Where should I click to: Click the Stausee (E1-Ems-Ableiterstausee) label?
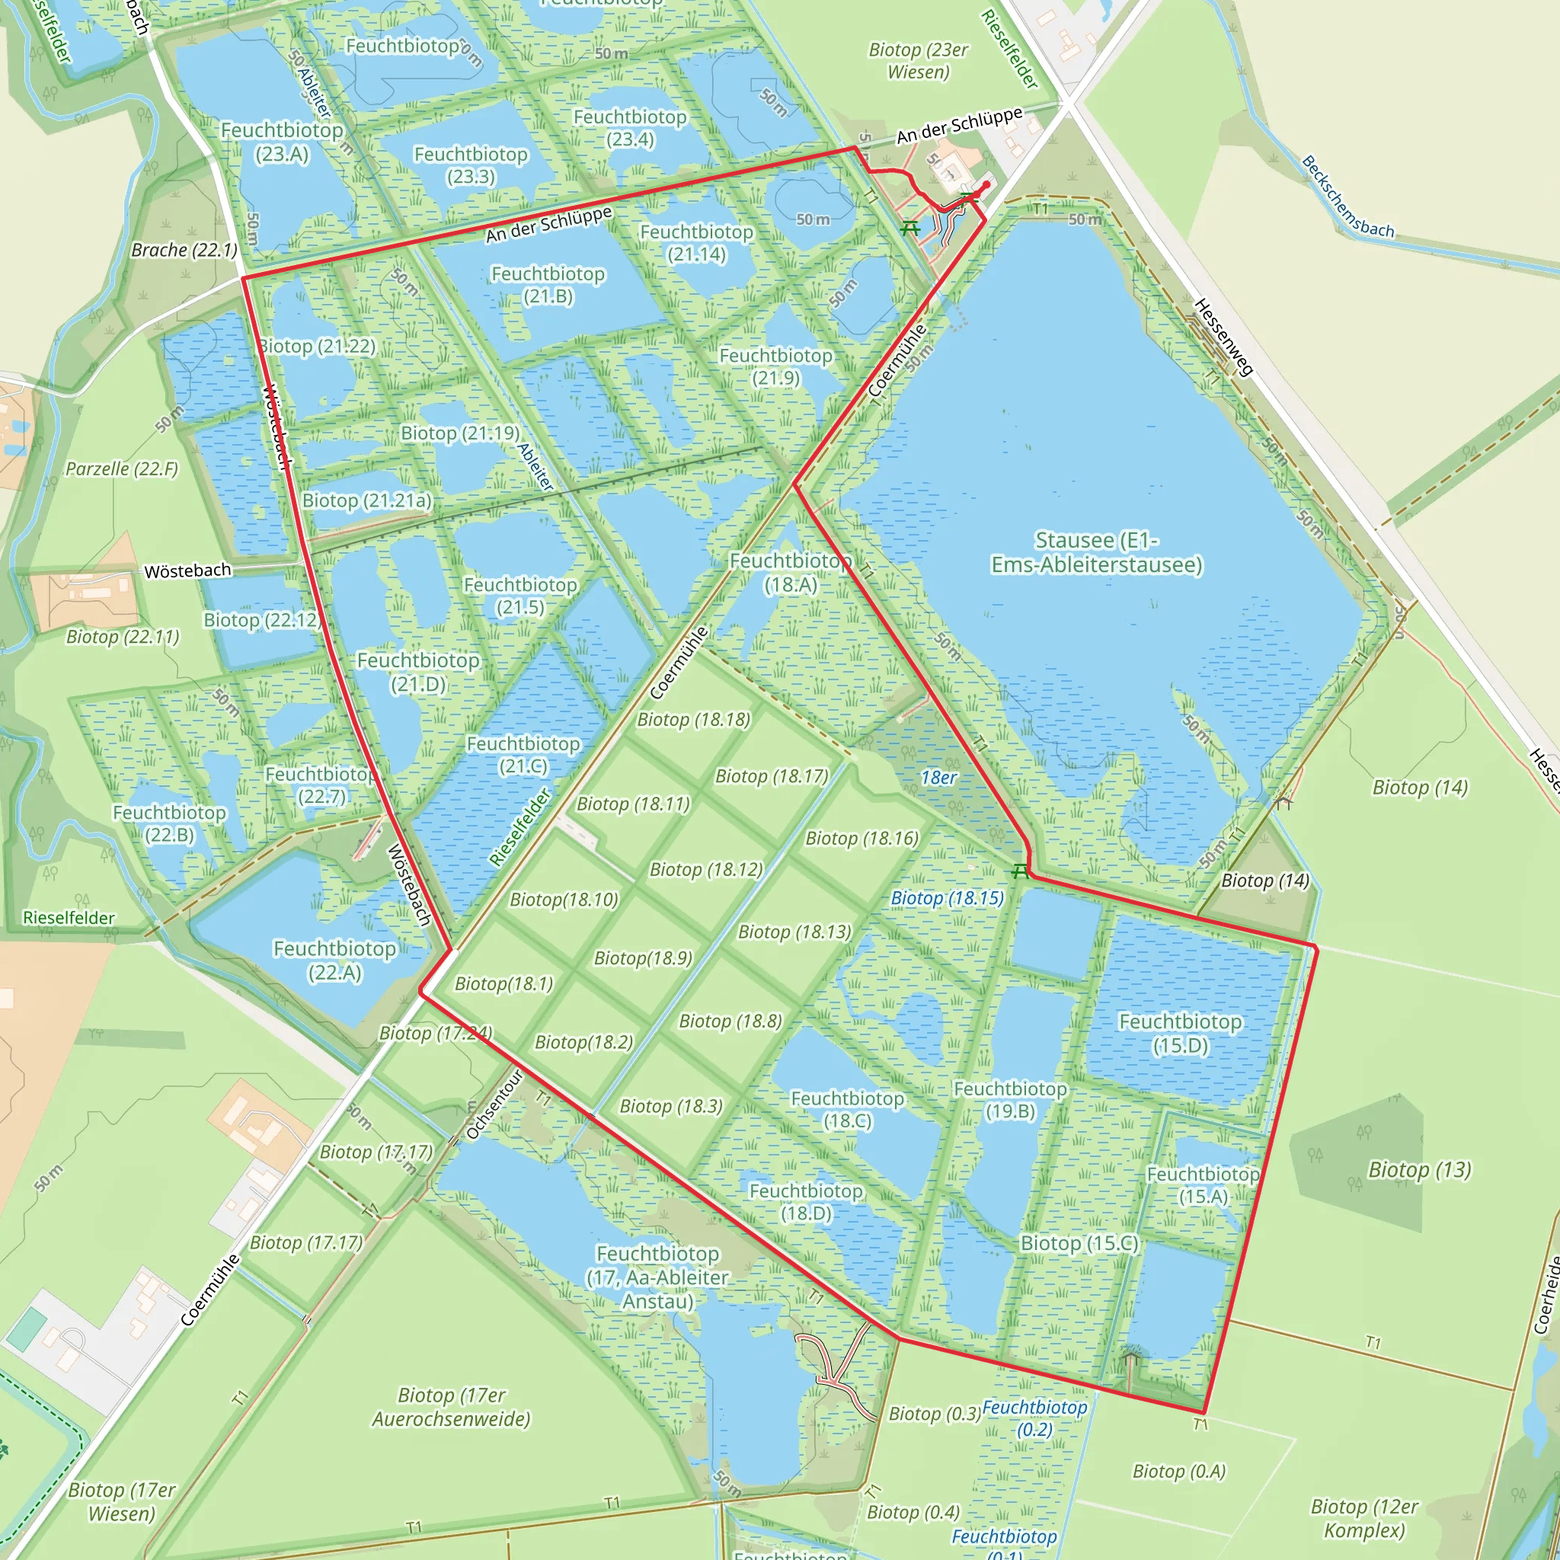tap(1097, 552)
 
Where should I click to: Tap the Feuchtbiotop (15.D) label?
tap(1180, 1034)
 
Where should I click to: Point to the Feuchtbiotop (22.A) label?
tap(334, 960)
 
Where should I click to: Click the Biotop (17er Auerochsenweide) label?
tap(452, 1407)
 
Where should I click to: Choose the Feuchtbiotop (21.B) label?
tap(548, 285)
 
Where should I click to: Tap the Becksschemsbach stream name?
tap(1347, 197)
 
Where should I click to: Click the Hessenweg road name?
tap(1223, 337)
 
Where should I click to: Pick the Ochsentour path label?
tap(494, 1104)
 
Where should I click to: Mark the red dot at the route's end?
tap(986, 185)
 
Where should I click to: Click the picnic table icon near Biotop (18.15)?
tap(1021, 871)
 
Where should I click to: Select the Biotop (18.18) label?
tap(694, 719)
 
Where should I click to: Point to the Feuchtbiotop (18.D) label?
tap(806, 1201)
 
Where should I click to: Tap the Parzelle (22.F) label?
tap(122, 469)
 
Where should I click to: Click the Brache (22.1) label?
tap(184, 251)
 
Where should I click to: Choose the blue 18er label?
tap(938, 778)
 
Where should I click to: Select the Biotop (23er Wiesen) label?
tap(918, 61)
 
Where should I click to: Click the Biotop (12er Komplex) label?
tap(1364, 1518)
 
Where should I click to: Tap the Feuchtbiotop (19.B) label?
tap(1010, 1100)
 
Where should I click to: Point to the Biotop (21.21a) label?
tap(367, 500)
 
